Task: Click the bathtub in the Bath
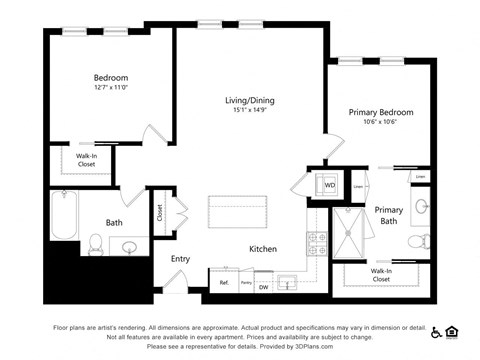(64, 216)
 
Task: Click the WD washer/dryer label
(329, 185)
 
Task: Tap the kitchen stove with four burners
(317, 242)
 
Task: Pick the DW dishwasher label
(264, 287)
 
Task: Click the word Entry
(180, 259)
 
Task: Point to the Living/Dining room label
(248, 100)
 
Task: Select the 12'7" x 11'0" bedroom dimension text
(111, 88)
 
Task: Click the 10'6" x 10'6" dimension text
(380, 124)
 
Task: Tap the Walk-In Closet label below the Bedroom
(86, 160)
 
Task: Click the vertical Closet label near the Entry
(159, 213)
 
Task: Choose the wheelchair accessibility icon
(436, 330)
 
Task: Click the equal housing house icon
(451, 330)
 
